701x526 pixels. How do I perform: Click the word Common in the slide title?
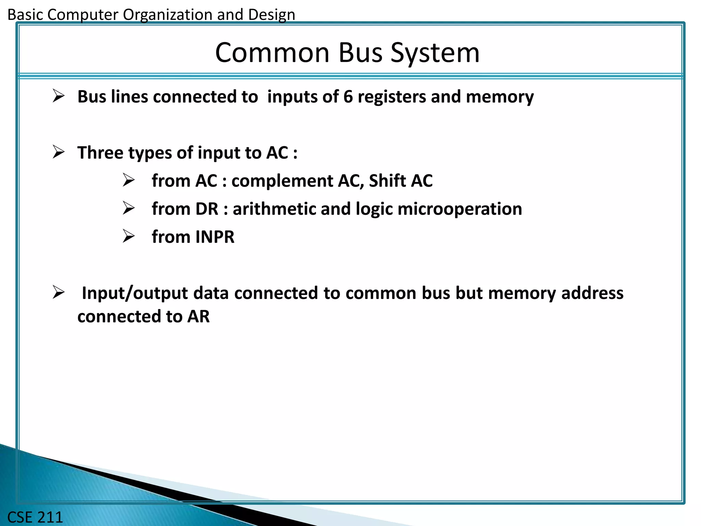[x=272, y=53]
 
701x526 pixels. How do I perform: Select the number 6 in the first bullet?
[x=348, y=97]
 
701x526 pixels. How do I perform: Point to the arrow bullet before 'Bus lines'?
[x=59, y=96]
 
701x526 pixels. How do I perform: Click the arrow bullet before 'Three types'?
[x=59, y=152]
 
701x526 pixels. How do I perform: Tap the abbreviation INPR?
[x=215, y=237]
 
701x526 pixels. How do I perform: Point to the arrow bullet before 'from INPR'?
[x=129, y=236]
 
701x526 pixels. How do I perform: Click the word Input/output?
[x=135, y=293]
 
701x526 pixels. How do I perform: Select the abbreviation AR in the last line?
[x=198, y=316]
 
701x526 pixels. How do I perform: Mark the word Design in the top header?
[x=271, y=15]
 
